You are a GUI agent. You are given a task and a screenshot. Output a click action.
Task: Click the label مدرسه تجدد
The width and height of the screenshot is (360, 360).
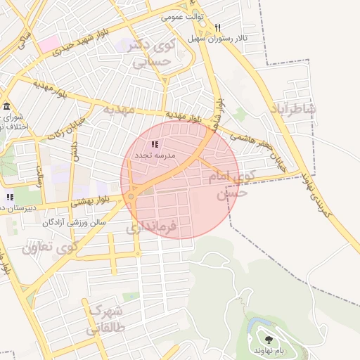tap(155, 153)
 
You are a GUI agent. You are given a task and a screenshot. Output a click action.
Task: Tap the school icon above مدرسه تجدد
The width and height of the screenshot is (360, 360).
tap(155, 144)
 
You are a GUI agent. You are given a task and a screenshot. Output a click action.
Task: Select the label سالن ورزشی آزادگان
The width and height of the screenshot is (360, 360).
tap(74, 221)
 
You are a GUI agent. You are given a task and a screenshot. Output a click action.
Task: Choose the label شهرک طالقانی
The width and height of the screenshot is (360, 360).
tap(103, 318)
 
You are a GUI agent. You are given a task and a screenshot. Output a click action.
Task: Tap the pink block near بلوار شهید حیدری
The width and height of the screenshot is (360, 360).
tap(49, 44)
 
